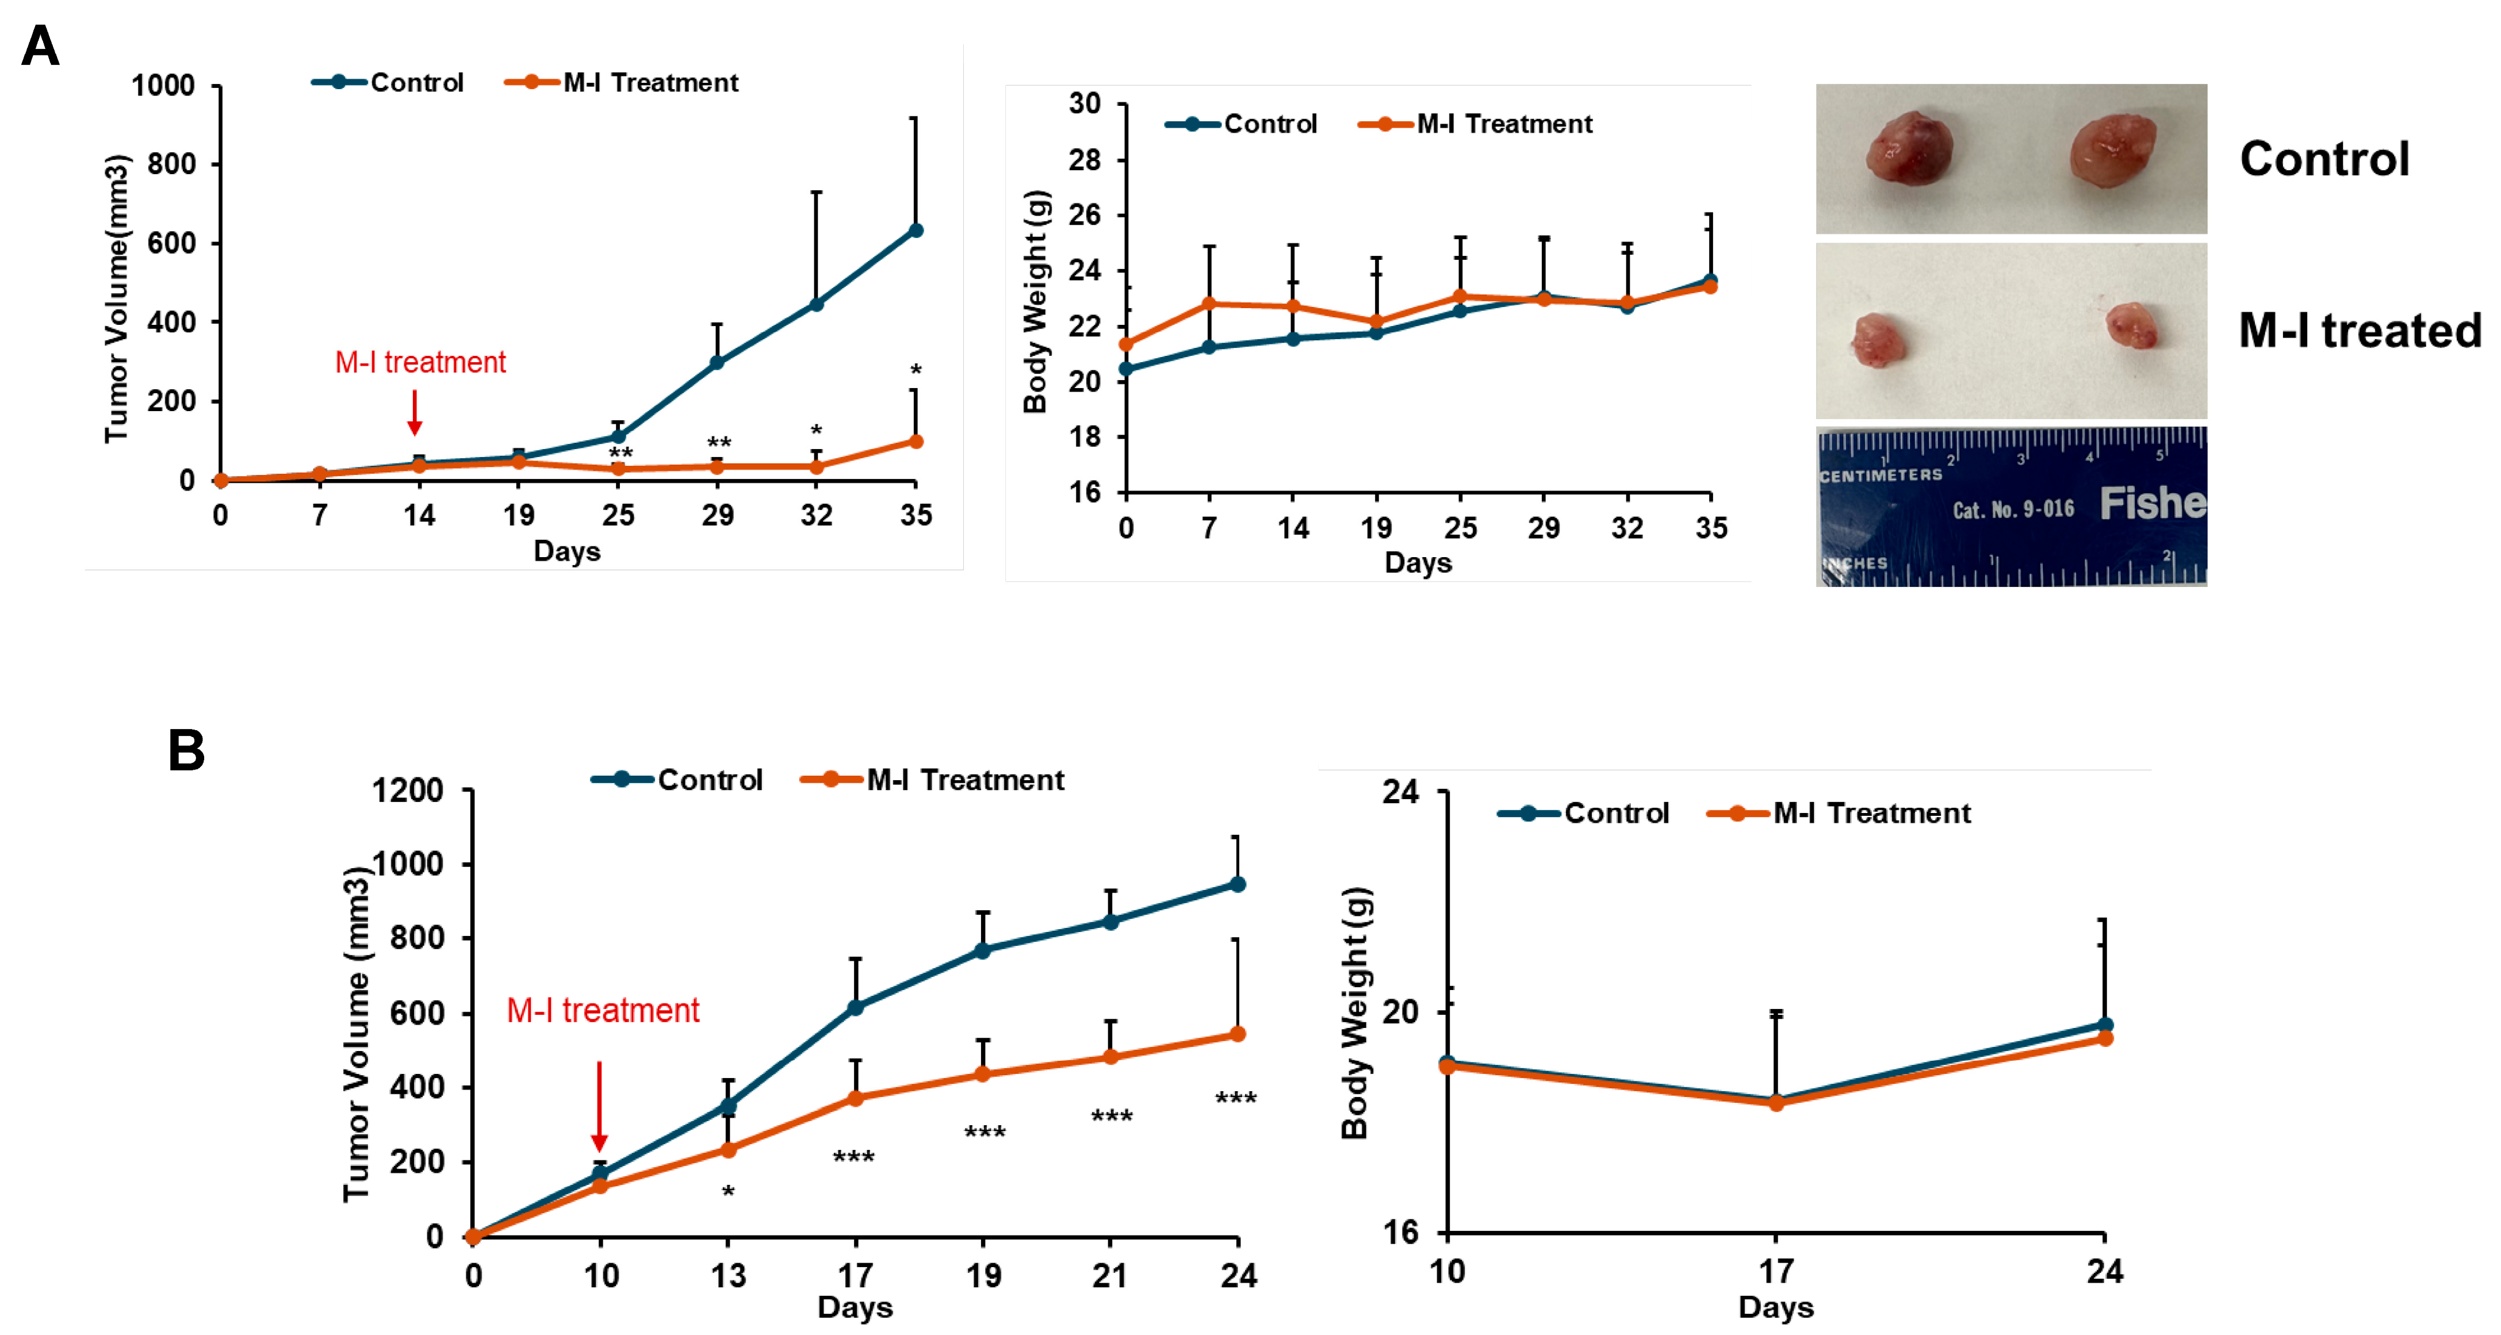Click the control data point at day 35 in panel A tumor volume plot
[914, 230]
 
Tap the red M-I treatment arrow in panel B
[599, 1107]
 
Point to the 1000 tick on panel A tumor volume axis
[163, 86]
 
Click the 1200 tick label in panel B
[408, 791]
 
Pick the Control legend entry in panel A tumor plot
[388, 83]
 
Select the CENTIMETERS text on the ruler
[1880, 475]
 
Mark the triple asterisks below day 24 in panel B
[1235, 1099]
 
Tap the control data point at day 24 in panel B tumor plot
[1237, 884]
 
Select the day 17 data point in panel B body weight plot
[1776, 1102]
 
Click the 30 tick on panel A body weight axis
[1085, 104]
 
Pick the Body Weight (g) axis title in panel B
[1354, 1012]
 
